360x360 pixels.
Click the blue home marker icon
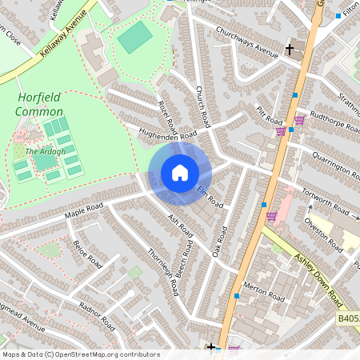click(x=180, y=173)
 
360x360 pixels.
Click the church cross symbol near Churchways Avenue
click(x=290, y=50)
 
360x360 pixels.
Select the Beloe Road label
click(x=87, y=254)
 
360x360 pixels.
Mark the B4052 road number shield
click(x=347, y=318)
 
